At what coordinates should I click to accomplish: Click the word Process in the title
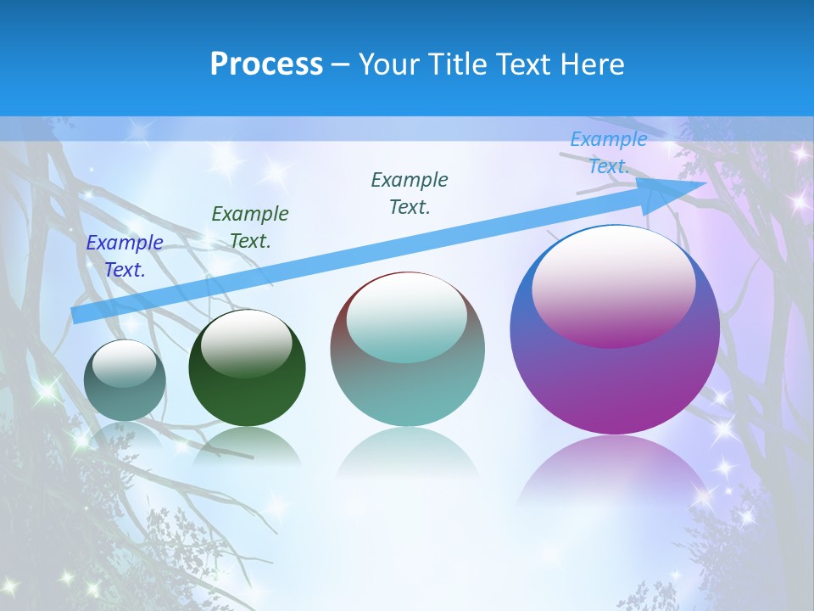(x=266, y=64)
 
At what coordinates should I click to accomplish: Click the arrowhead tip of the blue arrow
(x=704, y=182)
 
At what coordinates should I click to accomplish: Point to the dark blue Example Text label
(x=125, y=255)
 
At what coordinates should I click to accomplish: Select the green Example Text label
(x=250, y=227)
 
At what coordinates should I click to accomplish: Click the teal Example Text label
(x=410, y=193)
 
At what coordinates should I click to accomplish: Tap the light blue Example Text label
(x=608, y=153)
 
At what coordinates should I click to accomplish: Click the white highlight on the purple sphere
(x=613, y=284)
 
